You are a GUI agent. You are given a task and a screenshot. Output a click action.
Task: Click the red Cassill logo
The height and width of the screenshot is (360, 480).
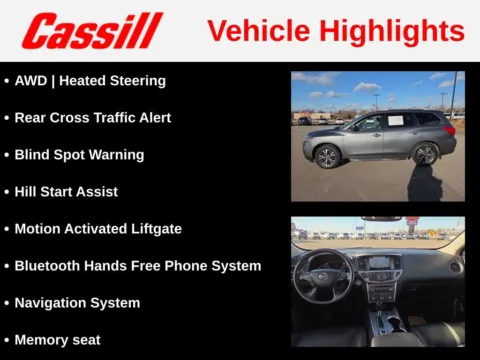point(91,31)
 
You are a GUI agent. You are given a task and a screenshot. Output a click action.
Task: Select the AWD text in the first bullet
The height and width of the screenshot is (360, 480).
point(30,80)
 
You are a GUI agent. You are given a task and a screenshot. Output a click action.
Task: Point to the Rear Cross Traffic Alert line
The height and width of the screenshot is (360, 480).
point(92,117)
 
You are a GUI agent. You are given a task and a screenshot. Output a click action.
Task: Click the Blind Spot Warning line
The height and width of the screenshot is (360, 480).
point(79,155)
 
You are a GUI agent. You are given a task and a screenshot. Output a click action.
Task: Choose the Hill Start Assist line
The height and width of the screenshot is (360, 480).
point(66,191)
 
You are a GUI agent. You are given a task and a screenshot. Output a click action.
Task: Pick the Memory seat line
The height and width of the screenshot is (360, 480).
point(57,340)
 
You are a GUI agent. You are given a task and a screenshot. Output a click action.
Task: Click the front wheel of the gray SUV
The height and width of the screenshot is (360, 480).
point(328,156)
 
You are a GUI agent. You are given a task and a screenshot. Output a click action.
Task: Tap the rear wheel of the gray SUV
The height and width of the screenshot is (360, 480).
point(426,154)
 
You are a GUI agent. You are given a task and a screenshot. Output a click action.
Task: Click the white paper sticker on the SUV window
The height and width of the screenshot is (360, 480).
point(394,121)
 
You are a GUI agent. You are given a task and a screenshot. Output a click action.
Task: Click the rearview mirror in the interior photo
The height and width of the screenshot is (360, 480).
point(380,219)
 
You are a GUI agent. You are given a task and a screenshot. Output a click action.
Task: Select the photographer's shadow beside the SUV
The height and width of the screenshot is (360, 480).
point(424,184)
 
